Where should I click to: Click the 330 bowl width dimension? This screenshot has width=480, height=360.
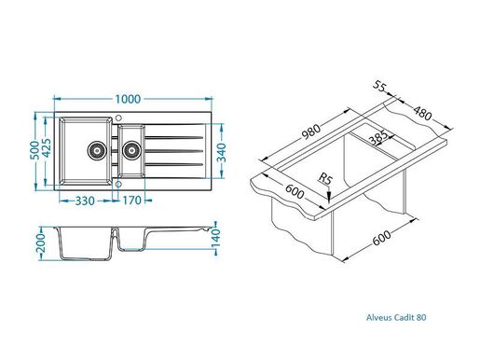89,199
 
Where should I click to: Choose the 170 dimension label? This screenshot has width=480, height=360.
130,199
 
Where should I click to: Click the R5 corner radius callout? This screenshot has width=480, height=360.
324,177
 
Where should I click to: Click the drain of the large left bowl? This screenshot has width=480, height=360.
95,148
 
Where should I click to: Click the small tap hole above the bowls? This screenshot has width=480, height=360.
118,118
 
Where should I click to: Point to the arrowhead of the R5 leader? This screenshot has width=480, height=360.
330,198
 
